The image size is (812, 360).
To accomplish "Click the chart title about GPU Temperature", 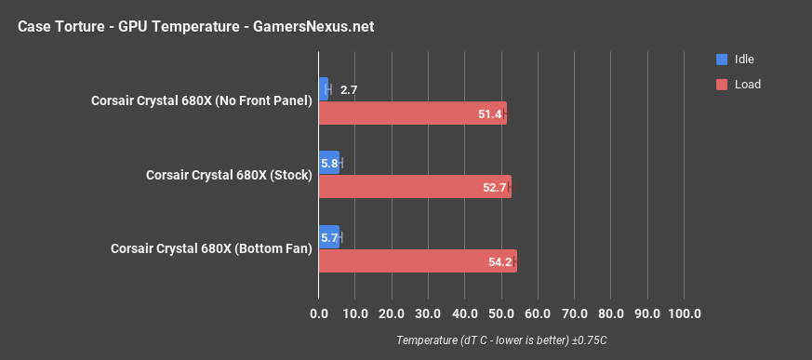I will (x=195, y=26).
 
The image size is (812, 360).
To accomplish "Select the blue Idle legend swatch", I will (x=722, y=60).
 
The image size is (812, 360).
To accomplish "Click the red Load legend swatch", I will (x=722, y=84).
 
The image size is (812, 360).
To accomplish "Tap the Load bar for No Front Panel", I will (x=412, y=113).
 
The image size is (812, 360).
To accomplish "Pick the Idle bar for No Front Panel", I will (x=323, y=89).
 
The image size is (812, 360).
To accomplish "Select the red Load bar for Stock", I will (x=415, y=187).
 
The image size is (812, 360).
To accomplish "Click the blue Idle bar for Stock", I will (x=329, y=163).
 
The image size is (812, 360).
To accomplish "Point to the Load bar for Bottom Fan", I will (x=418, y=261).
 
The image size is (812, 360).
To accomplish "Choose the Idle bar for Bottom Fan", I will (x=329, y=237).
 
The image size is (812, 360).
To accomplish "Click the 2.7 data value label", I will (x=349, y=90).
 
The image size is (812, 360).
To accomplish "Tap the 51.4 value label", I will (x=489, y=114).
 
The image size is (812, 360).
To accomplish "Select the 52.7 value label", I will (x=495, y=188).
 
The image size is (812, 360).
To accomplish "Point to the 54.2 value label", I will (x=500, y=262).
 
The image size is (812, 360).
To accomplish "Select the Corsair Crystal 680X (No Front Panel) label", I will (x=201, y=100).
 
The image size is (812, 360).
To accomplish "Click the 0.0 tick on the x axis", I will (x=319, y=313).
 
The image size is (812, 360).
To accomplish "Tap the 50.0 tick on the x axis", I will (x=501, y=313).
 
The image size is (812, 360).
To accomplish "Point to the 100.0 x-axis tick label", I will (x=685, y=313).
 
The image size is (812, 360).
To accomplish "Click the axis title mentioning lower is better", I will (x=501, y=340).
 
